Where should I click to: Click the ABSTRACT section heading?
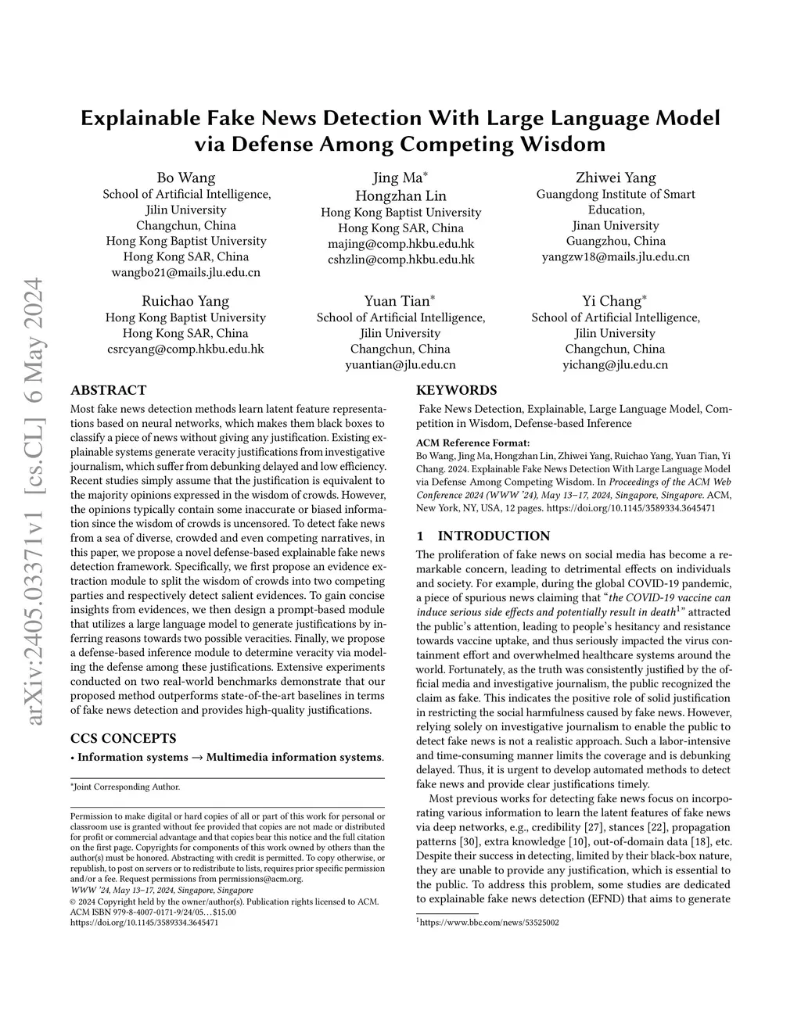pyautogui.click(x=108, y=390)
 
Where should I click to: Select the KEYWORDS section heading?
pyautogui.click(x=456, y=390)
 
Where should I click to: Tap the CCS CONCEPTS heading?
pyautogui.click(x=123, y=738)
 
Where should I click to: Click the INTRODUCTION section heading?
pyautogui.click(x=494, y=536)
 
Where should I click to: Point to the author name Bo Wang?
pyautogui.click(x=186, y=177)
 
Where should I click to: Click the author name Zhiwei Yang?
pyautogui.click(x=616, y=177)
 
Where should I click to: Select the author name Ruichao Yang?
pyautogui.click(x=185, y=301)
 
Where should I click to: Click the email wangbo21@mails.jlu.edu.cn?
pyautogui.click(x=186, y=272)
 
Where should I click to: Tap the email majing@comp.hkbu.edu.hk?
pyautogui.click(x=400, y=244)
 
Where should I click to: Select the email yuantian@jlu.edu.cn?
pyautogui.click(x=400, y=364)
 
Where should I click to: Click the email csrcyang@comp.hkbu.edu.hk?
pyautogui.click(x=186, y=349)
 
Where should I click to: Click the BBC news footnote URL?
pyautogui.click(x=489, y=923)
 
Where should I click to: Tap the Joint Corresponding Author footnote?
pyautogui.click(x=126, y=787)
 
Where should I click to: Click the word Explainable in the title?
pyautogui.click(x=142, y=119)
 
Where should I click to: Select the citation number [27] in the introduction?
pyautogui.click(x=594, y=828)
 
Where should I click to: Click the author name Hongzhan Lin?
pyautogui.click(x=400, y=195)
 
